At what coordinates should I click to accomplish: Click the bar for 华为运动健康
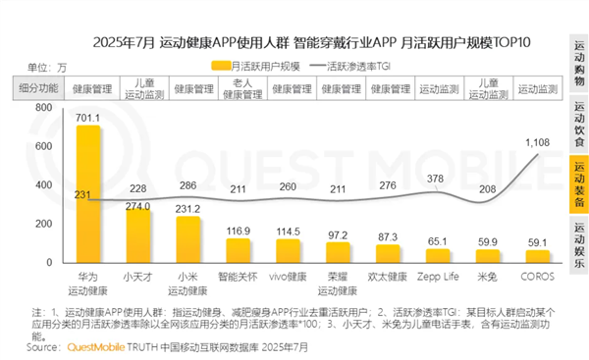[87, 196]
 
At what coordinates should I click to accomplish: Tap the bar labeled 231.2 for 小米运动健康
[187, 242]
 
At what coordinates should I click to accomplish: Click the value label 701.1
[87, 115]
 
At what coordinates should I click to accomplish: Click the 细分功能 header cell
[39, 87]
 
